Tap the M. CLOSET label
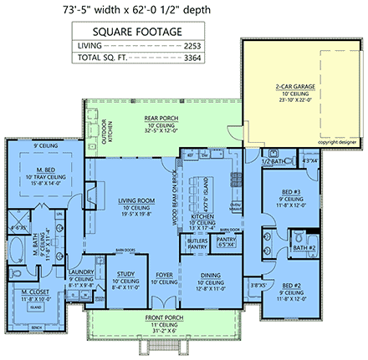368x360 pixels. click(33, 292)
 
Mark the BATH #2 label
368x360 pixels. click(304, 248)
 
